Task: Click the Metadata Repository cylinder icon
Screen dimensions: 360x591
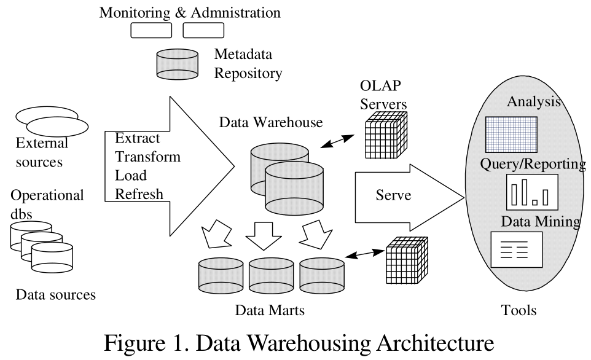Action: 179,63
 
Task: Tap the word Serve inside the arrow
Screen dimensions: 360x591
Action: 393,197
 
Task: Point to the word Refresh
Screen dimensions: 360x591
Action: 139,194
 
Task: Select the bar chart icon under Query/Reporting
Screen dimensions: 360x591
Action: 531,191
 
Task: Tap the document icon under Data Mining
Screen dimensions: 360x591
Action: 516,249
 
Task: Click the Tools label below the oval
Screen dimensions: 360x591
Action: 519,310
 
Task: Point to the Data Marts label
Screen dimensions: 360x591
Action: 270,310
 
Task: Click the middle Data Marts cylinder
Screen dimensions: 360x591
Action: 271,276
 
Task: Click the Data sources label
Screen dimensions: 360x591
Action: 56,294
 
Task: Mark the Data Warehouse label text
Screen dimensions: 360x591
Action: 271,122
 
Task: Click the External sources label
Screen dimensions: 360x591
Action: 42,153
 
